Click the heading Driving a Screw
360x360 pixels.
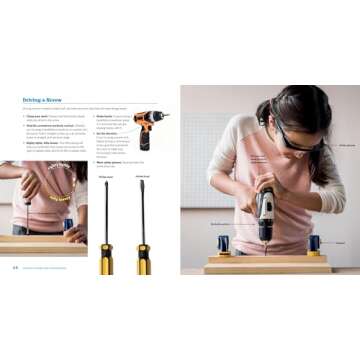(x=42, y=100)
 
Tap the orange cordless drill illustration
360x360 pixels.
(x=148, y=127)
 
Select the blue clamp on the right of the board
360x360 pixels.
(x=314, y=244)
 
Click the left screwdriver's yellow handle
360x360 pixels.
(x=105, y=258)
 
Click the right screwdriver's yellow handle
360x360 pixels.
(x=143, y=258)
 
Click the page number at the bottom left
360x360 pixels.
(x=15, y=267)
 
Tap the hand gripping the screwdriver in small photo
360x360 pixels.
(x=29, y=185)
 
